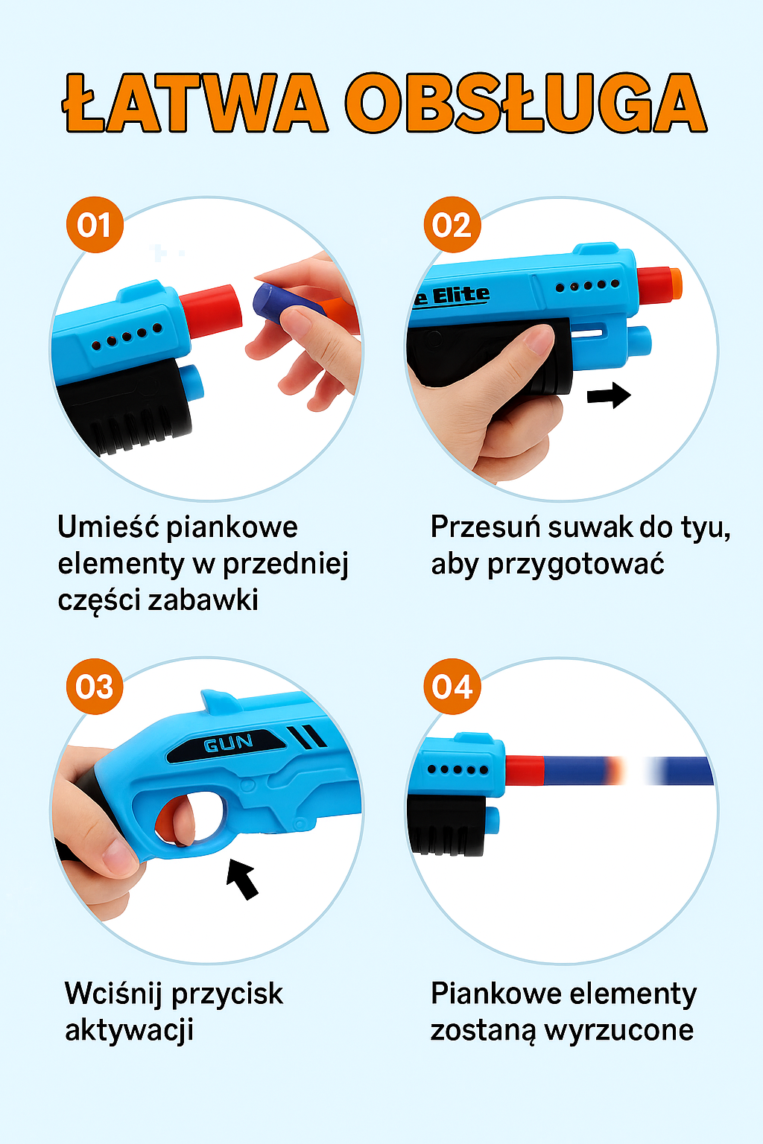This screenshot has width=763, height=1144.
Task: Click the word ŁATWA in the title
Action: click(x=195, y=104)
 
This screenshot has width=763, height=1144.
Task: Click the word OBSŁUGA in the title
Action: click(x=525, y=104)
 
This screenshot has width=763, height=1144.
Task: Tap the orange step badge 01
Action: click(x=95, y=225)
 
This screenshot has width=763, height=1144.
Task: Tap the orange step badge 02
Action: click(x=452, y=225)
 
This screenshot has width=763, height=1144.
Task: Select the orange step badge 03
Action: click(x=95, y=687)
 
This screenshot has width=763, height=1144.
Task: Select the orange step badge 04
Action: click(x=452, y=687)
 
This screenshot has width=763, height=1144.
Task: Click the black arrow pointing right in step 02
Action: click(x=609, y=395)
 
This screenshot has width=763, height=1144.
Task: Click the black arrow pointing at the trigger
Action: click(x=243, y=878)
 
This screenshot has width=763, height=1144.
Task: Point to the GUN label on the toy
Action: click(x=229, y=743)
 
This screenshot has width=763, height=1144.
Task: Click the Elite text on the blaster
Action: click(x=460, y=296)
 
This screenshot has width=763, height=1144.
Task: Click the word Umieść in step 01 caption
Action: click(x=109, y=527)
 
